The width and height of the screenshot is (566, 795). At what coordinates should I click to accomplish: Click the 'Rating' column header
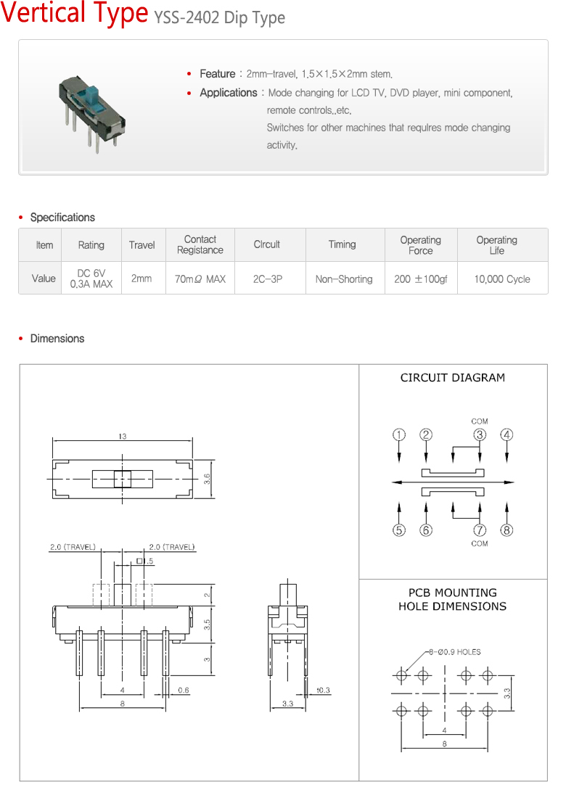pyautogui.click(x=91, y=245)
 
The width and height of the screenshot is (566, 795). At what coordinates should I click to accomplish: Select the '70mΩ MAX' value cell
pyautogui.click(x=200, y=279)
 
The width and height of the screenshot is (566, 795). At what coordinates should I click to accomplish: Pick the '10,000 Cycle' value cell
pyautogui.click(x=502, y=279)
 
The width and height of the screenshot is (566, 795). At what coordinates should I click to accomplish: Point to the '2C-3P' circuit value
pyautogui.click(x=268, y=279)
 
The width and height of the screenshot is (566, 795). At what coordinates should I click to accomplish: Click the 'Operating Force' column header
pyautogui.click(x=420, y=245)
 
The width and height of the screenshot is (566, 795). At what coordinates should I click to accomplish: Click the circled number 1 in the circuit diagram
pyautogui.click(x=399, y=435)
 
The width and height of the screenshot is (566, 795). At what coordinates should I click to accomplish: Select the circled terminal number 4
pyautogui.click(x=506, y=435)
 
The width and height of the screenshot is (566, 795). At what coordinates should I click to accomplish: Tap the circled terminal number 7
pyautogui.click(x=480, y=530)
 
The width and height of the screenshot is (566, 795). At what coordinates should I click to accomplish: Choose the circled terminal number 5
pyautogui.click(x=399, y=530)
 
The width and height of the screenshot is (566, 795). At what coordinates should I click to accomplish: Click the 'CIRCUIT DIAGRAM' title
pyautogui.click(x=453, y=378)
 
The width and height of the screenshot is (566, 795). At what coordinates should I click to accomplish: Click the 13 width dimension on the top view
pyautogui.click(x=122, y=436)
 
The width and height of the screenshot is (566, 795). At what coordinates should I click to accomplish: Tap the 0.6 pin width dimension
pyautogui.click(x=183, y=691)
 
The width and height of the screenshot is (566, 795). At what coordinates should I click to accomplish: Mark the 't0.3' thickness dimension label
pyautogui.click(x=323, y=691)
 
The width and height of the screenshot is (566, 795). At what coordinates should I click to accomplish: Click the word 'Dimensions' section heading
pyautogui.click(x=57, y=339)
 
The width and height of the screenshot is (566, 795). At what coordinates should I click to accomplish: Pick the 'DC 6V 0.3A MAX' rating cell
pyautogui.click(x=91, y=279)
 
